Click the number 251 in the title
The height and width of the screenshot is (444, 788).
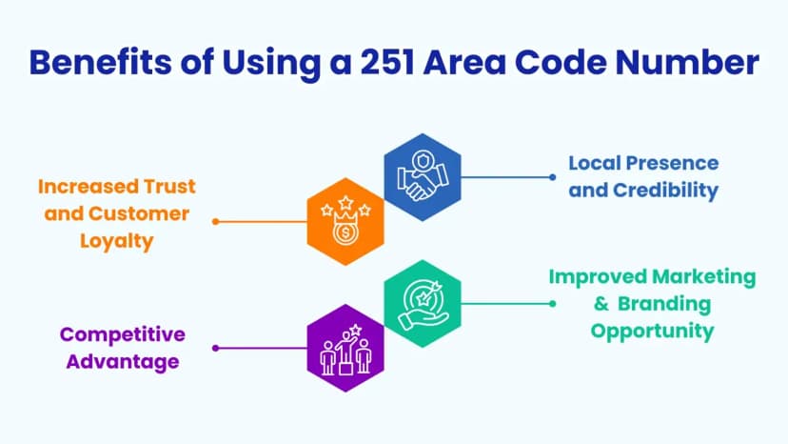tap(387, 62)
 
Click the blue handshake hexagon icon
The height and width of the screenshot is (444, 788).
tap(423, 177)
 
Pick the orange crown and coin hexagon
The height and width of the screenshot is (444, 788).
tap(345, 221)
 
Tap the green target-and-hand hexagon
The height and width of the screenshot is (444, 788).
tap(423, 304)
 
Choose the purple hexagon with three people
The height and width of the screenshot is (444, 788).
tap(345, 348)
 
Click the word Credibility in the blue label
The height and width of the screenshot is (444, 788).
tap(666, 191)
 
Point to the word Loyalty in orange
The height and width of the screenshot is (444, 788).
tap(117, 242)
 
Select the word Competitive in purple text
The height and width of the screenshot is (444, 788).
tap(123, 334)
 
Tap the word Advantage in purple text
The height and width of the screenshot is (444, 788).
tap(123, 362)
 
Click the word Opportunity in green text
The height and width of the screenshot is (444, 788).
tap(652, 332)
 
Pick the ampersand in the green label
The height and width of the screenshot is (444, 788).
tap(601, 304)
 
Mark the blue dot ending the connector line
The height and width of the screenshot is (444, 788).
tap(552, 177)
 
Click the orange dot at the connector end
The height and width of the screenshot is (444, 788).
tap(216, 221)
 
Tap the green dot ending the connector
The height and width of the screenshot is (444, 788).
tap(552, 304)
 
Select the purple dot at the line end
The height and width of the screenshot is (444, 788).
tap(216, 348)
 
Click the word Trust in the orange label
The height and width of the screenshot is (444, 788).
tap(169, 187)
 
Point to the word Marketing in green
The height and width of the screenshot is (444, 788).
tap(703, 277)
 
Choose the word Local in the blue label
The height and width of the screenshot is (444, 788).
tap(594, 163)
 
